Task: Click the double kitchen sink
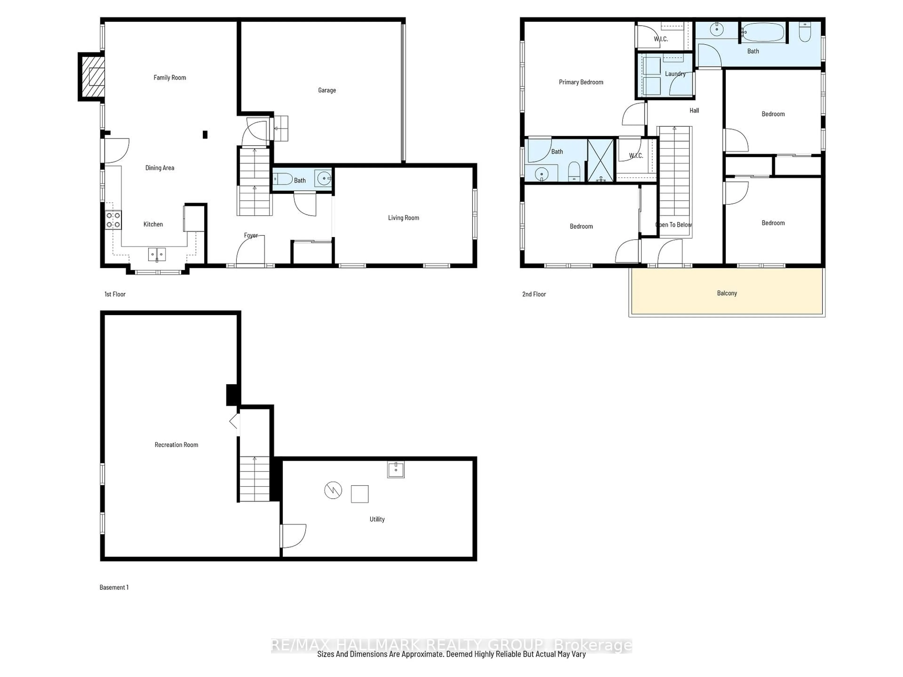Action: (157, 254)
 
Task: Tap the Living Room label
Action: (403, 218)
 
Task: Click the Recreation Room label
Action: (176, 445)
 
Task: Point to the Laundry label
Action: (675, 74)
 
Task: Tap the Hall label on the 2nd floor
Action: (694, 110)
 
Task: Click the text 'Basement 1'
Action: (114, 587)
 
